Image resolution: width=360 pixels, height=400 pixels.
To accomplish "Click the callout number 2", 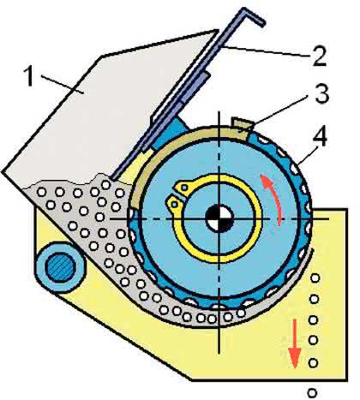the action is pos(319,57).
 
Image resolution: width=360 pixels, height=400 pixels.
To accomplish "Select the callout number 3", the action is pos(322,93).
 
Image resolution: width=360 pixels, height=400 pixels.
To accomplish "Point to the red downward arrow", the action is pos(295,343).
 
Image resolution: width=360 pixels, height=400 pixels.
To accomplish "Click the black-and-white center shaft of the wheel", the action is pos(219,218).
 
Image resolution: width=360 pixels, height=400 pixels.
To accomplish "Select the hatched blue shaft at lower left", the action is pos(60,266).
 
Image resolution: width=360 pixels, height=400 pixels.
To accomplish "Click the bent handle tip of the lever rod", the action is pos(254,17).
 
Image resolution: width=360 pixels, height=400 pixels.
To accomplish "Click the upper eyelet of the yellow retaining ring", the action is pos(184,187).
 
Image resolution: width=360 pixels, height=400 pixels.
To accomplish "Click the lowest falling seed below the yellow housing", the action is pos(312,392).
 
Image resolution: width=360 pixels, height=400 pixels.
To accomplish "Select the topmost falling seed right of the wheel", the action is pos(315,278).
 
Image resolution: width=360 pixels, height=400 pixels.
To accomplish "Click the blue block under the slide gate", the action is pos(168,132).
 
